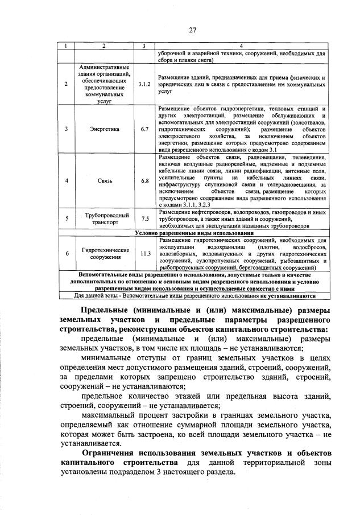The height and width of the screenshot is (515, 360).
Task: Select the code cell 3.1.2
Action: coord(144,84)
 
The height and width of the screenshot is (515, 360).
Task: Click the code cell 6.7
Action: coord(144,129)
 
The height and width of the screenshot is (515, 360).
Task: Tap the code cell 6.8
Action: coord(144,180)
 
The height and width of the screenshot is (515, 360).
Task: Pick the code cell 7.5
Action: coord(144,219)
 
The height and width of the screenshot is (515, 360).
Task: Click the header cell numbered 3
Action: coord(144,46)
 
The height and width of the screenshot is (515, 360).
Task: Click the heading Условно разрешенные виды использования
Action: coord(193,233)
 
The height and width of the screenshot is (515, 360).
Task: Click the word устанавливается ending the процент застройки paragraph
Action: coord(89,442)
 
